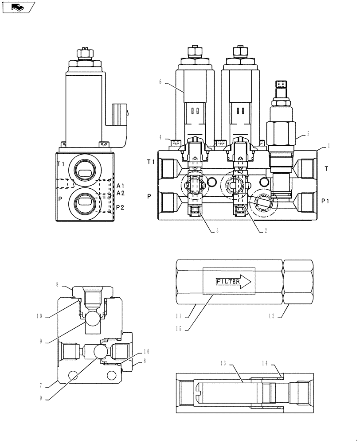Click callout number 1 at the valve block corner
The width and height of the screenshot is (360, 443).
click(329, 145)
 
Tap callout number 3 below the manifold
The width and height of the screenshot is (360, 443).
click(217, 230)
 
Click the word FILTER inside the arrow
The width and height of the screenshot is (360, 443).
click(227, 281)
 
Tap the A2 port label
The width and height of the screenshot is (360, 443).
click(121, 193)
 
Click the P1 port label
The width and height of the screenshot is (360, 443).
click(326, 201)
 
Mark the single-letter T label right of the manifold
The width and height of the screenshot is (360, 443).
click(327, 168)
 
